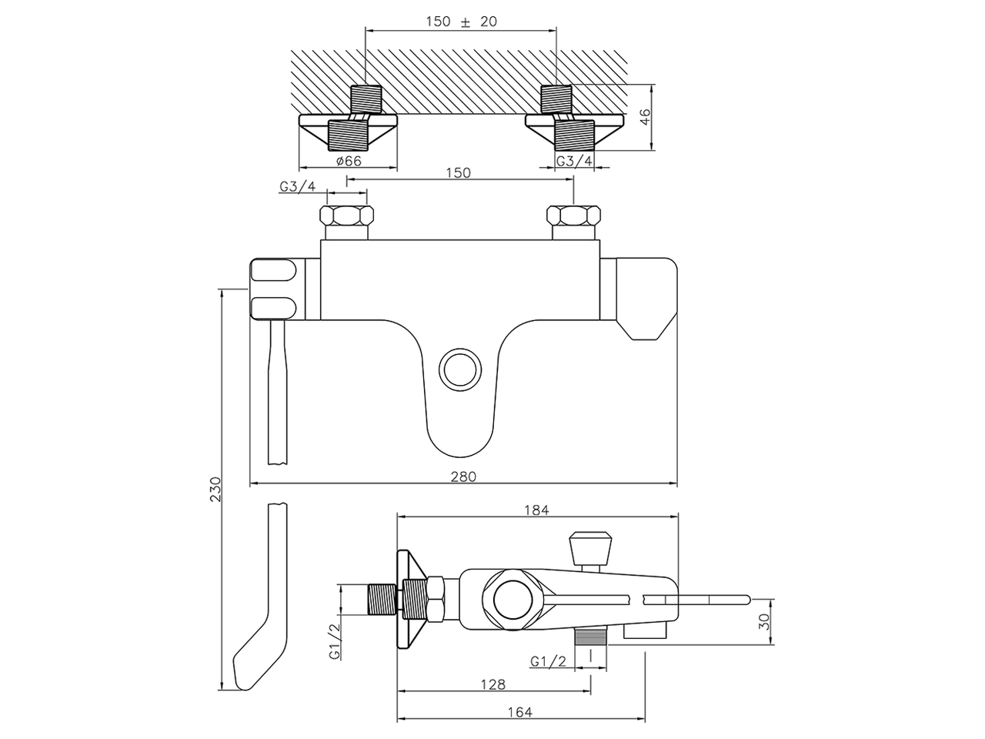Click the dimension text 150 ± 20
(462, 22)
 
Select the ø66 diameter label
(349, 161)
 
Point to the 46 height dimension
(646, 117)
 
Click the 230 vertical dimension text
(215, 490)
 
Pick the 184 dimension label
(536, 510)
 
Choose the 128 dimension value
(493, 684)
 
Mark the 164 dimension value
(520, 713)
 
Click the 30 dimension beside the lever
(764, 622)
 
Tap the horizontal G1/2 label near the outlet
(548, 661)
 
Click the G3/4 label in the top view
(575, 161)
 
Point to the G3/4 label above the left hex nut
(298, 186)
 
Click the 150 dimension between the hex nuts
(458, 173)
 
